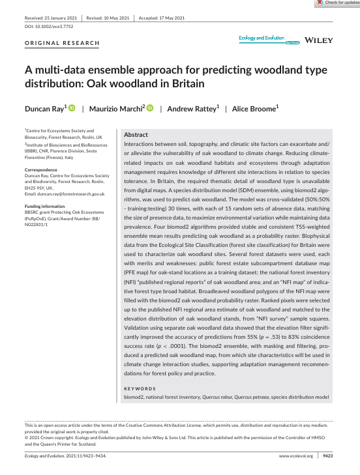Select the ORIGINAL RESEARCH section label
[62, 43]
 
